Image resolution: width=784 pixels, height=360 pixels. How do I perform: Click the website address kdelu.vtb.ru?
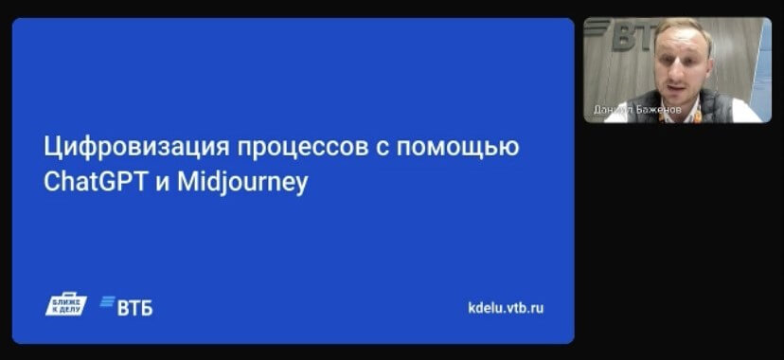click(507, 308)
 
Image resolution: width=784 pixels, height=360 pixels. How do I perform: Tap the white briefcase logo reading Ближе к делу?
click(66, 305)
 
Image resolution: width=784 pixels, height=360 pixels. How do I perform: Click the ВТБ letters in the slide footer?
click(134, 308)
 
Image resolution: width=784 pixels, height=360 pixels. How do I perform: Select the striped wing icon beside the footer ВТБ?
click(106, 306)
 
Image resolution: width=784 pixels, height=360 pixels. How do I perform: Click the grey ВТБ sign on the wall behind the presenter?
click(630, 38)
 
